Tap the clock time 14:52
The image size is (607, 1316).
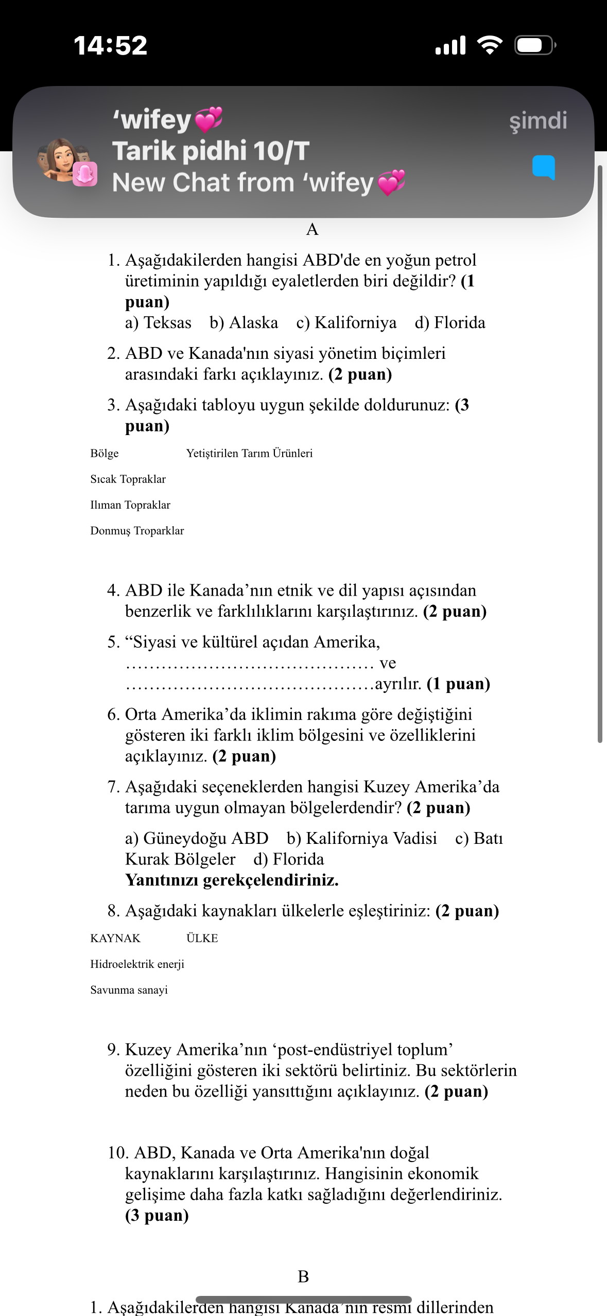[x=110, y=45]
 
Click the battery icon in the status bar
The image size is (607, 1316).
[x=535, y=45]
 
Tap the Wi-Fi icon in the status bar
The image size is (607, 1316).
[x=490, y=45]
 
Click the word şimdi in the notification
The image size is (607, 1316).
[x=537, y=120]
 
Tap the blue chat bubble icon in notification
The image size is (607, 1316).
[x=543, y=167]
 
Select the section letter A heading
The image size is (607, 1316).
[x=312, y=230]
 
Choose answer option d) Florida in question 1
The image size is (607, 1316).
[x=450, y=323]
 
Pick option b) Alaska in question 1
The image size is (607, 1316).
[x=244, y=323]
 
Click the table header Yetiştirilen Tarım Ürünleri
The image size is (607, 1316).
[x=249, y=453]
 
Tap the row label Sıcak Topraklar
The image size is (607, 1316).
[x=128, y=479]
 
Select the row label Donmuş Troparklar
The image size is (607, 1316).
[x=137, y=530]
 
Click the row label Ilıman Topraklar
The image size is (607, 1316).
[x=130, y=505]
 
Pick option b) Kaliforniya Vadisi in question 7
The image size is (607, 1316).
[x=361, y=838]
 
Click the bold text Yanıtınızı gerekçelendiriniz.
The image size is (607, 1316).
[x=232, y=880]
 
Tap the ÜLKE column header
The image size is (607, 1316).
[x=202, y=938]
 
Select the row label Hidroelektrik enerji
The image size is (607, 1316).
[x=137, y=964]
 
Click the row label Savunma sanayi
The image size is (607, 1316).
[x=129, y=990]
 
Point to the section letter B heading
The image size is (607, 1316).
[x=303, y=1276]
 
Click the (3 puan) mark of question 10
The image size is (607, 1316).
[x=157, y=1215]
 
